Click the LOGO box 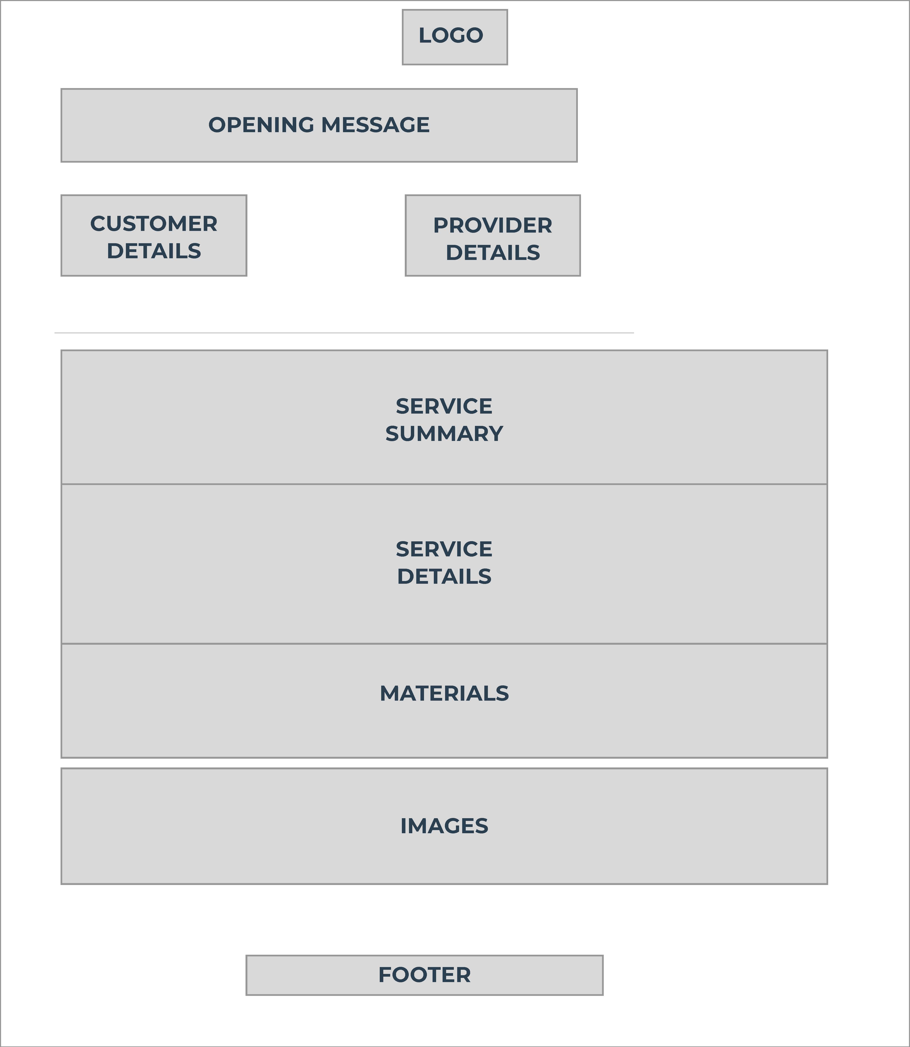point(454,37)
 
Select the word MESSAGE point(376,125)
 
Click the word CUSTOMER point(154,224)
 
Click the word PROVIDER point(493,225)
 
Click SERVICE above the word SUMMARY point(444,406)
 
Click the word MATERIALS point(444,694)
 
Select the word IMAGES point(444,826)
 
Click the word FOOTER point(425,975)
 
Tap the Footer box point(425,975)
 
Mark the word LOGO point(451,35)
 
